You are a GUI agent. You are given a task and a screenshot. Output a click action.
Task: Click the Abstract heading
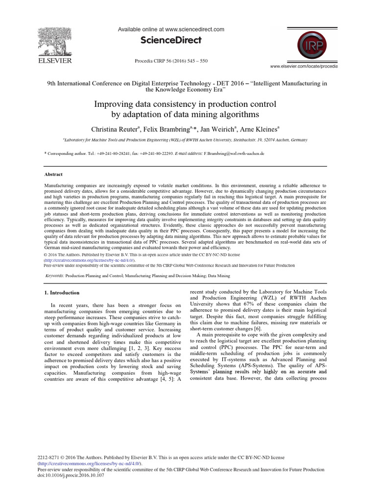click(53, 174)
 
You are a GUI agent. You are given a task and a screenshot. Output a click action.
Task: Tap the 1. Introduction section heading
click(62, 293)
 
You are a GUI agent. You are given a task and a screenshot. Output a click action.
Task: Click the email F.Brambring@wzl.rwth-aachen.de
click(234, 153)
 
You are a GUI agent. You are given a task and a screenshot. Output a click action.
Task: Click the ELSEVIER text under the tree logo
click(54, 61)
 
